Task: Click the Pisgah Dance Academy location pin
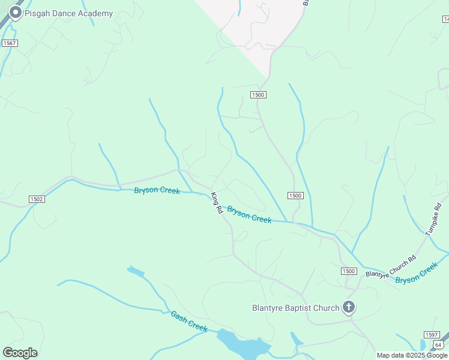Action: click(x=15, y=13)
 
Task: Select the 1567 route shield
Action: click(x=10, y=43)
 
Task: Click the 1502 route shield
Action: click(x=37, y=199)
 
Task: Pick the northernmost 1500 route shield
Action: click(x=258, y=95)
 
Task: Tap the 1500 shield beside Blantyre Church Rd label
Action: click(x=349, y=271)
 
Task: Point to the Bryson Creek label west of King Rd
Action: click(x=157, y=191)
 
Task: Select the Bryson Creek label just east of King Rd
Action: click(x=249, y=215)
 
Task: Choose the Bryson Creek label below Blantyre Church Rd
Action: click(x=418, y=274)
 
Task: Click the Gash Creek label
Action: click(x=189, y=321)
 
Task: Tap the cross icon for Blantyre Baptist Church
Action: click(x=349, y=308)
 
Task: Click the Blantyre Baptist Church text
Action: click(x=295, y=308)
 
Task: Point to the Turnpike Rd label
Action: click(x=433, y=219)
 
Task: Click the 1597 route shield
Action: click(x=431, y=335)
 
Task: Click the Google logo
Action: click(x=20, y=352)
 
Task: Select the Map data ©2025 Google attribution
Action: click(x=412, y=355)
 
